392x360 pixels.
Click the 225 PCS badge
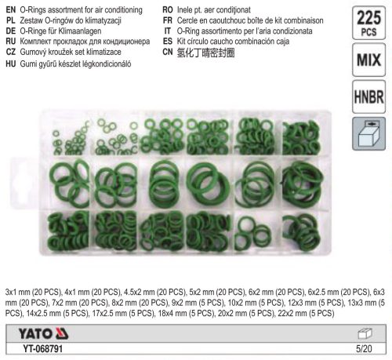pyautogui.click(x=368, y=23)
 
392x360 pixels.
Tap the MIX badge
pyautogui.click(x=368, y=60)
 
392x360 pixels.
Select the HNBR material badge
pyautogui.click(x=368, y=97)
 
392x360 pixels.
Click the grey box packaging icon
pyautogui.click(x=368, y=134)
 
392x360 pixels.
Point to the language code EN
pyautogui.click(x=11, y=10)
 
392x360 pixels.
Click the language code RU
pyautogui.click(x=11, y=42)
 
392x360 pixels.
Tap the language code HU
pyautogui.click(x=11, y=64)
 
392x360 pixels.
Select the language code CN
pyautogui.click(x=168, y=52)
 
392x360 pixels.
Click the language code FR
pyautogui.click(x=168, y=20)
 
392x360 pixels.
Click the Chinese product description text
pyautogui.click(x=205, y=53)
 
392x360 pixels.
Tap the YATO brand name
pyautogui.click(x=35, y=334)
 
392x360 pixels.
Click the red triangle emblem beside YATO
pyautogui.click(x=62, y=333)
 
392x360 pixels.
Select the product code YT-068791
pyautogui.click(x=43, y=349)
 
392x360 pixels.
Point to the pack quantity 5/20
pyautogui.click(x=364, y=349)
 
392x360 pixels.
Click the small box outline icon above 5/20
pyautogui.click(x=365, y=333)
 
